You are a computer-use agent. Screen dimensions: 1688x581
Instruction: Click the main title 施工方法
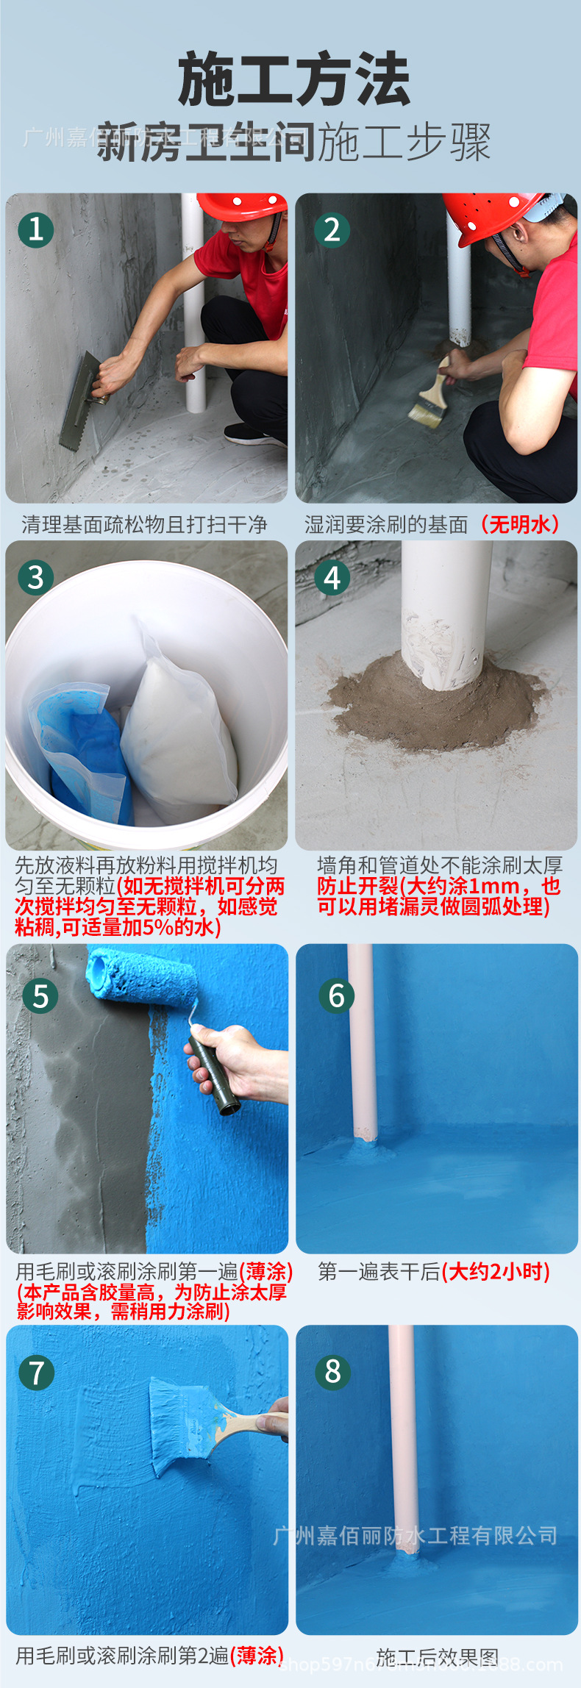(x=293, y=79)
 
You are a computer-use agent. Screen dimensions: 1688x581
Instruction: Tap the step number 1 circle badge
(x=35, y=230)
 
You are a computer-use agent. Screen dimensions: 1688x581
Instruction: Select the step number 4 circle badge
(x=332, y=578)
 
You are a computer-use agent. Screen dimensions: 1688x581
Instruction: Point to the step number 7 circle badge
(x=36, y=1372)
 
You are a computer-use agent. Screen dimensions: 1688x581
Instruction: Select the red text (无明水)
(x=519, y=524)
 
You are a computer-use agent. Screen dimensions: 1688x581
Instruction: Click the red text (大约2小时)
(x=496, y=1272)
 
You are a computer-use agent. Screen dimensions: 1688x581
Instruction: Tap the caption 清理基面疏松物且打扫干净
(x=144, y=524)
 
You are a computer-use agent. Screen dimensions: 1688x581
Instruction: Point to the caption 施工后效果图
(x=437, y=1656)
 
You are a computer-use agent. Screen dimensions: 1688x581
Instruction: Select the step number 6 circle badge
(x=336, y=995)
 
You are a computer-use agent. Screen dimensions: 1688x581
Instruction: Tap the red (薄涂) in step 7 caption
(x=257, y=1656)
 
